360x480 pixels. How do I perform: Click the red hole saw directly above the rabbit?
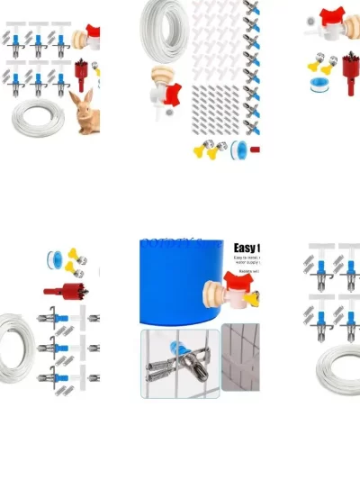(x=86, y=70)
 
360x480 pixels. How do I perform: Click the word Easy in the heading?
(x=246, y=249)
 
